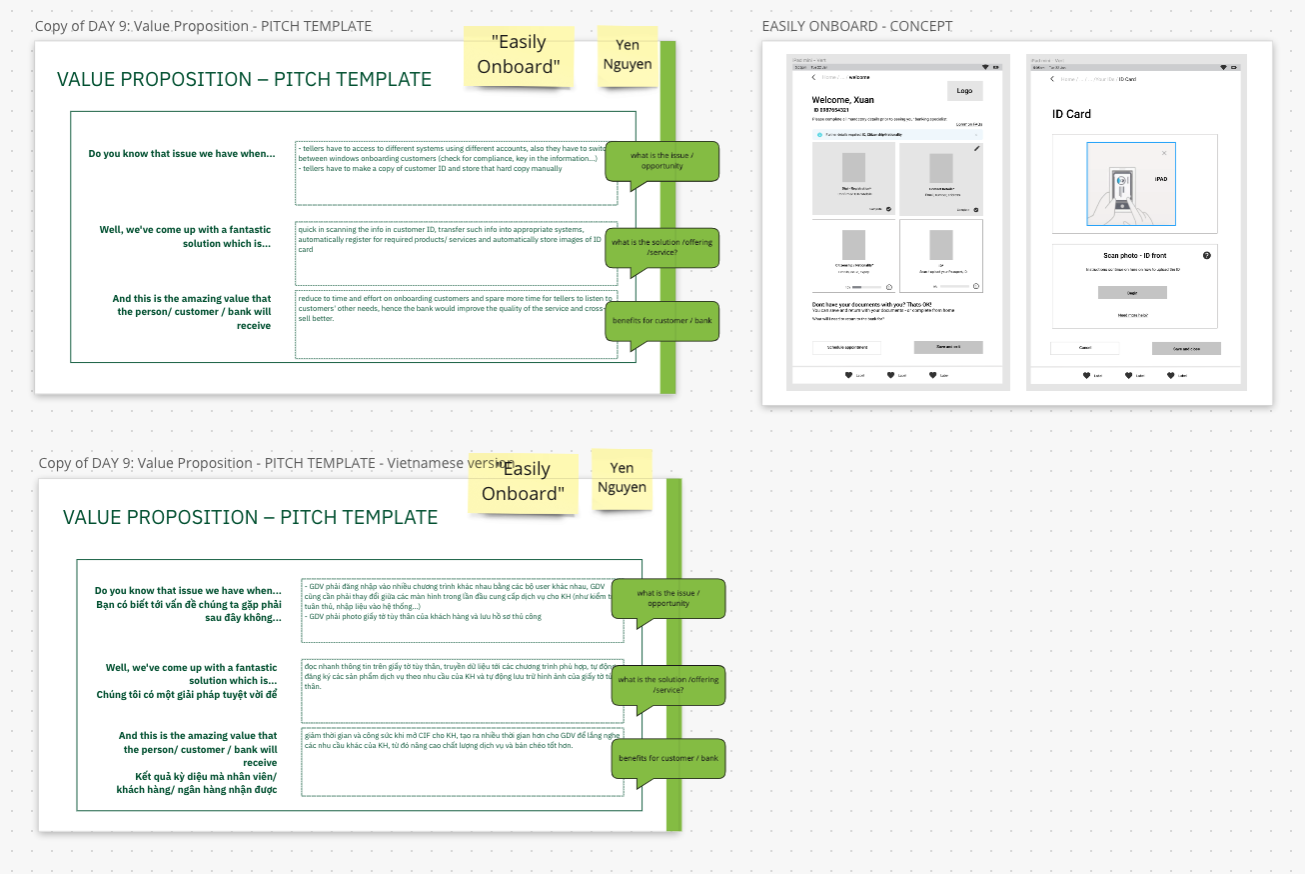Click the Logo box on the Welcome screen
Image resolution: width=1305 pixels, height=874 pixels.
click(964, 91)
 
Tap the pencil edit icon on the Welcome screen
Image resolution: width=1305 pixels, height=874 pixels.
click(976, 148)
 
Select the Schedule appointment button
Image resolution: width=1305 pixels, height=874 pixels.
click(846, 347)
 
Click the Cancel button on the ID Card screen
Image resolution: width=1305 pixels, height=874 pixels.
click(1084, 348)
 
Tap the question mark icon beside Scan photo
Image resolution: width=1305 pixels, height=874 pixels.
click(1207, 256)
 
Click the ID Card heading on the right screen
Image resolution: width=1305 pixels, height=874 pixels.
click(1071, 114)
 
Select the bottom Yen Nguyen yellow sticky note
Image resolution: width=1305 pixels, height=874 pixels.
click(622, 477)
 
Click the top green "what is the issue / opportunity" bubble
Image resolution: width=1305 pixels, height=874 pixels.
click(661, 160)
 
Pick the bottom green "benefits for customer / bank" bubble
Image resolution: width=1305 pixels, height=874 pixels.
click(668, 758)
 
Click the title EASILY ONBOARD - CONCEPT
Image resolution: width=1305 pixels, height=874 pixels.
click(856, 26)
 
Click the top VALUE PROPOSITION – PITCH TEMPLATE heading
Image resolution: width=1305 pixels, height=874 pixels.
click(244, 80)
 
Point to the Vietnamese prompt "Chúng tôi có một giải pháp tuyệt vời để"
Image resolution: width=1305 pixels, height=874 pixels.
click(187, 695)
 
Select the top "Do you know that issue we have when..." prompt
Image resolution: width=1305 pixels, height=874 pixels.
click(181, 154)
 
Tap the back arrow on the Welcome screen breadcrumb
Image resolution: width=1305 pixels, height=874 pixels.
click(813, 77)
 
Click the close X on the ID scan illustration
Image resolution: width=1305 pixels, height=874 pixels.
click(1164, 153)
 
